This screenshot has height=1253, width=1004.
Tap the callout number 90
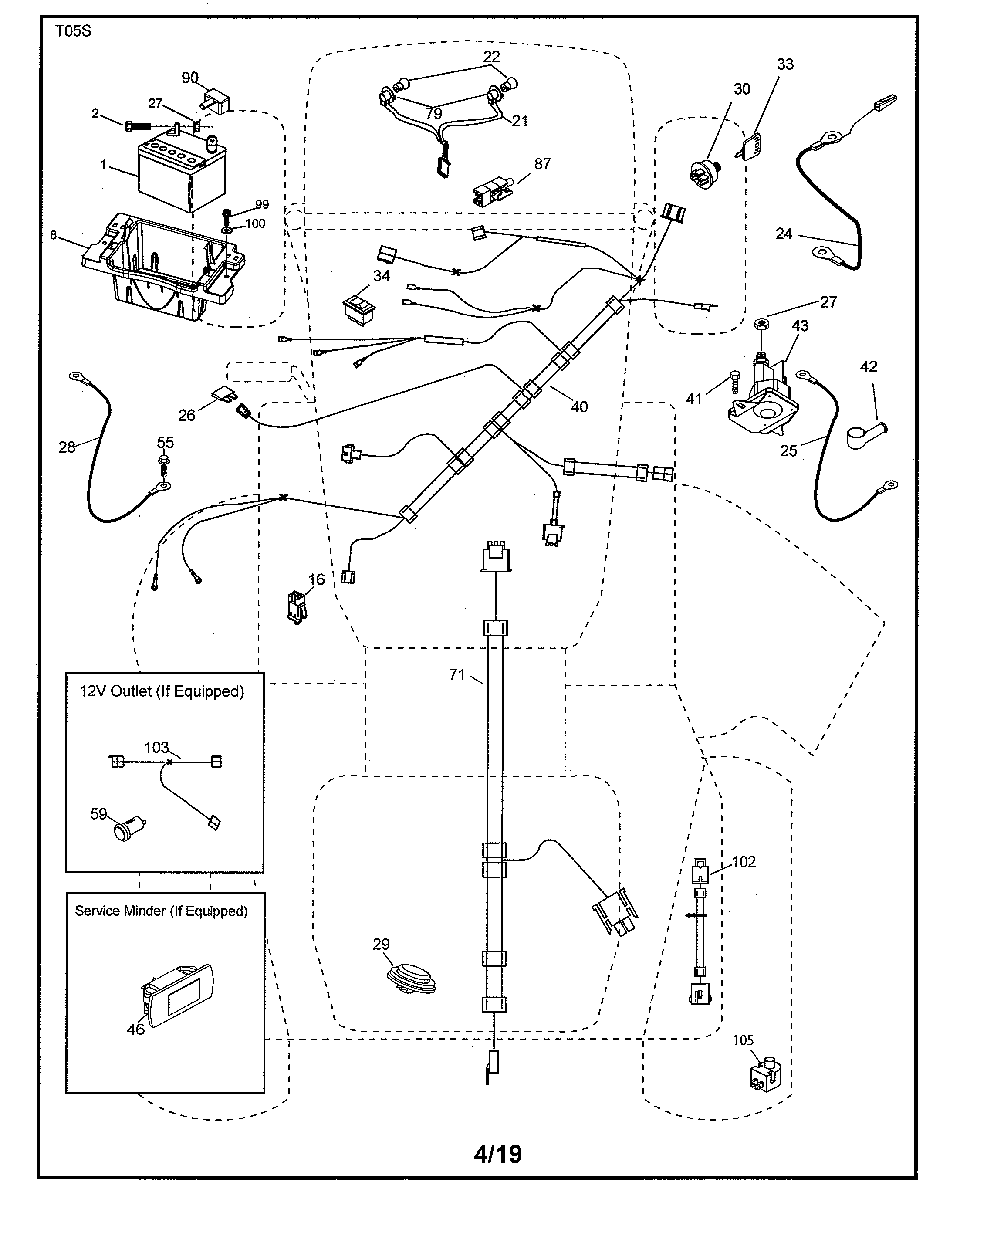190,78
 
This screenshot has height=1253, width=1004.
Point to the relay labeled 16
297,607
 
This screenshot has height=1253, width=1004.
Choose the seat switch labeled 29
411,978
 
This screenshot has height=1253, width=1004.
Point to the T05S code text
73,31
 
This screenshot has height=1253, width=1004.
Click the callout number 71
457,674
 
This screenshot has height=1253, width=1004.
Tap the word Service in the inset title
96,911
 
